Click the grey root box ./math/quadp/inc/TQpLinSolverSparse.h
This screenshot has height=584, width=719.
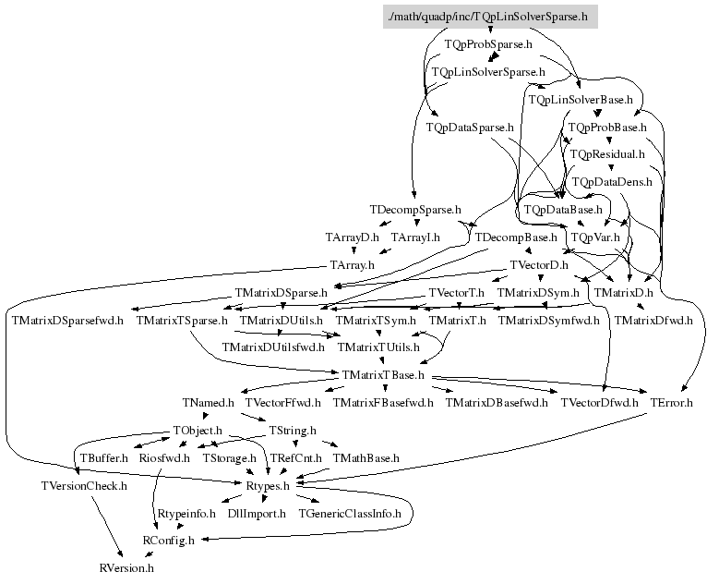click(490, 17)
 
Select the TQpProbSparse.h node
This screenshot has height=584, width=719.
click(488, 43)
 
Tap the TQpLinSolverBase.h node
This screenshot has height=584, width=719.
click(580, 99)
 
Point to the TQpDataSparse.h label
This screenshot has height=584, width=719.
click(470, 127)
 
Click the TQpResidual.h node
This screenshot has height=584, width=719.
click(606, 154)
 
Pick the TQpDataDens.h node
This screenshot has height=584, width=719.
click(612, 182)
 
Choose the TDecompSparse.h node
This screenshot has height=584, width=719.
click(414, 210)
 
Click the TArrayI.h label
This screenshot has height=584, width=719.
click(415, 237)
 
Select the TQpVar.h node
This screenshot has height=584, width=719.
click(595, 237)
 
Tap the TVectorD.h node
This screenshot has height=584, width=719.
click(539, 265)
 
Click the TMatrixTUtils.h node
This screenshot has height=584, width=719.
click(378, 347)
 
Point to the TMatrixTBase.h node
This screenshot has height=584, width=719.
click(383, 375)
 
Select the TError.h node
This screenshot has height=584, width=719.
click(671, 403)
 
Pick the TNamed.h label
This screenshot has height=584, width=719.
click(209, 403)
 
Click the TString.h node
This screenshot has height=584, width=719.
click(292, 431)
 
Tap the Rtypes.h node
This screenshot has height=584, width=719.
click(268, 485)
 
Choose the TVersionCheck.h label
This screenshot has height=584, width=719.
click(83, 485)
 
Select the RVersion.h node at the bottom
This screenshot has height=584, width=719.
click(126, 567)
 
